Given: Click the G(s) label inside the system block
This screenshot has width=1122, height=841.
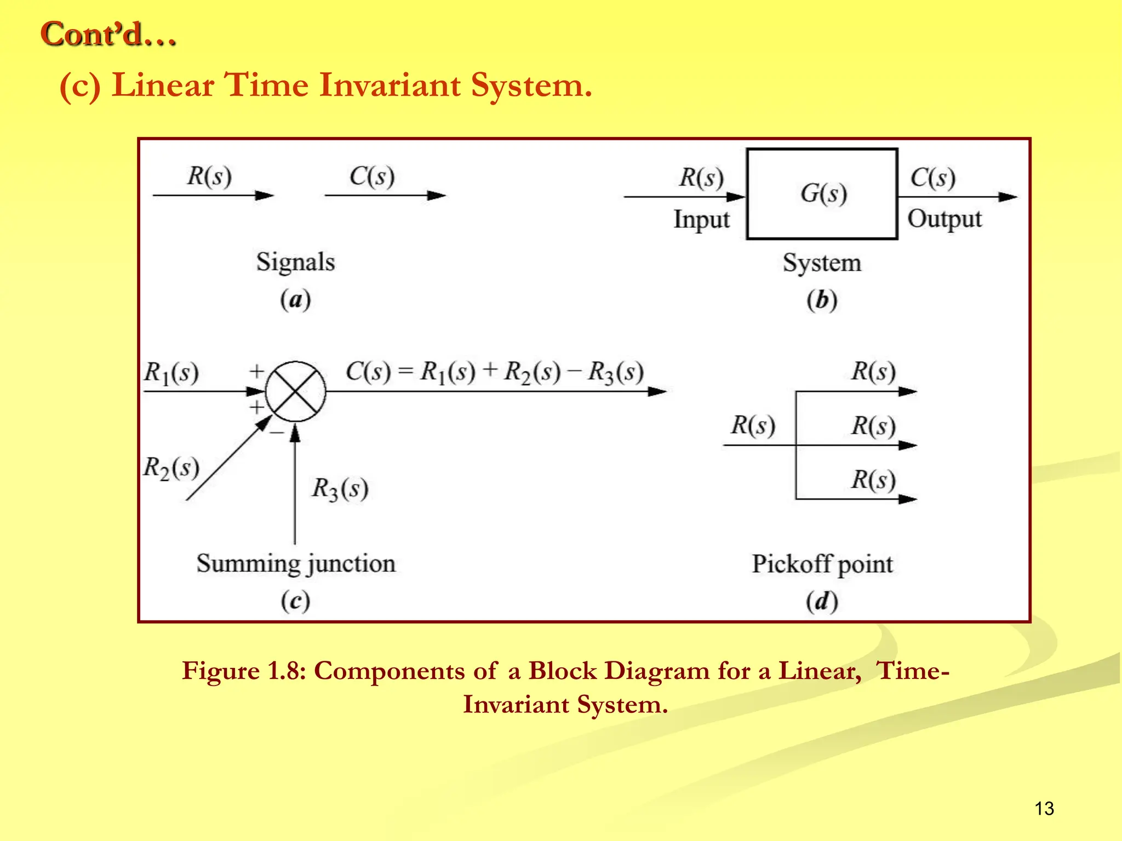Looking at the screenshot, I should pyautogui.click(x=823, y=194).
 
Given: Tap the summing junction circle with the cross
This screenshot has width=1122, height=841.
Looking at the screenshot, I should pyautogui.click(x=296, y=391).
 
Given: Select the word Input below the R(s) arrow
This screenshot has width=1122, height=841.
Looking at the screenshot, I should pyautogui.click(x=701, y=220).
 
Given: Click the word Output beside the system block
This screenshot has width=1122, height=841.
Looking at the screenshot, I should pyautogui.click(x=944, y=219).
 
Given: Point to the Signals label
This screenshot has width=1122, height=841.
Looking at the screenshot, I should pyautogui.click(x=295, y=262).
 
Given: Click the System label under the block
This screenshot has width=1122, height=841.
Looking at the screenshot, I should pyautogui.click(x=822, y=263).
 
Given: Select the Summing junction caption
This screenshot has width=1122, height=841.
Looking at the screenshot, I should pyautogui.click(x=296, y=564).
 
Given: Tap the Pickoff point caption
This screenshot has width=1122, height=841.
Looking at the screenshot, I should pyautogui.click(x=822, y=564).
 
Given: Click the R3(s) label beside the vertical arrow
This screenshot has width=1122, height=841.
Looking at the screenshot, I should pyautogui.click(x=340, y=488).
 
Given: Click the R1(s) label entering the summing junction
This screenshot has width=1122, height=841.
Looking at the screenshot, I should pyautogui.click(x=171, y=373).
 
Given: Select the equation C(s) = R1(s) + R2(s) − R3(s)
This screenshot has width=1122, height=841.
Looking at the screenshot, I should pyautogui.click(x=494, y=372).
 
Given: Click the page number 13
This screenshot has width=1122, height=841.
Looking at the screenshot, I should pyautogui.click(x=1044, y=808).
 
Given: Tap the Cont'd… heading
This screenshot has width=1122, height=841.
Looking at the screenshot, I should pyautogui.click(x=108, y=34).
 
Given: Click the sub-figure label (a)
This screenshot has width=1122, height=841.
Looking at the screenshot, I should pyautogui.click(x=295, y=299).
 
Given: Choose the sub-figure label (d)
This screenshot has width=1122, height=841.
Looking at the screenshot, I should pyautogui.click(x=822, y=601).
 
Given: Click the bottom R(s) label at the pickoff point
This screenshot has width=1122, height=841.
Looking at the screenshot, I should pyautogui.click(x=873, y=480).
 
